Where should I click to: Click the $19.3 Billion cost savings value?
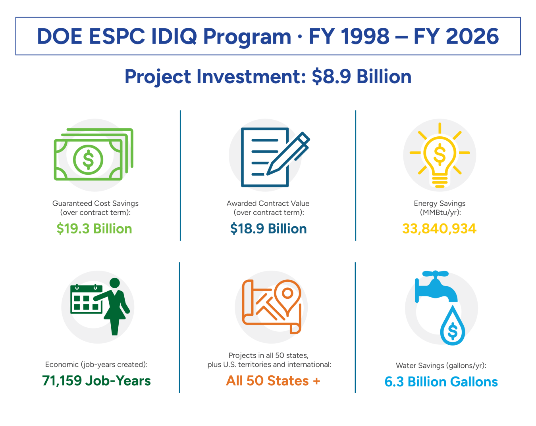click(x=94, y=229)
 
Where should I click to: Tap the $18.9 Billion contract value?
click(x=268, y=229)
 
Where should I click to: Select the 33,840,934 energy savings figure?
click(x=439, y=229)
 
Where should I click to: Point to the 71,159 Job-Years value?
click(x=96, y=380)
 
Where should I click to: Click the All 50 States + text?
click(x=273, y=380)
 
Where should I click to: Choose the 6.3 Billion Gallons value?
click(x=441, y=382)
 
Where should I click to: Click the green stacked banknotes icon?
click(x=93, y=155)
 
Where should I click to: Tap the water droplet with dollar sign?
click(x=453, y=327)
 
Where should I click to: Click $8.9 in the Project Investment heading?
click(x=331, y=76)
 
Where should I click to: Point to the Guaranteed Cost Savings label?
click(x=95, y=203)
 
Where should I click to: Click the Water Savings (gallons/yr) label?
click(x=441, y=365)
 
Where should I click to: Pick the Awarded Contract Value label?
click(x=268, y=203)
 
